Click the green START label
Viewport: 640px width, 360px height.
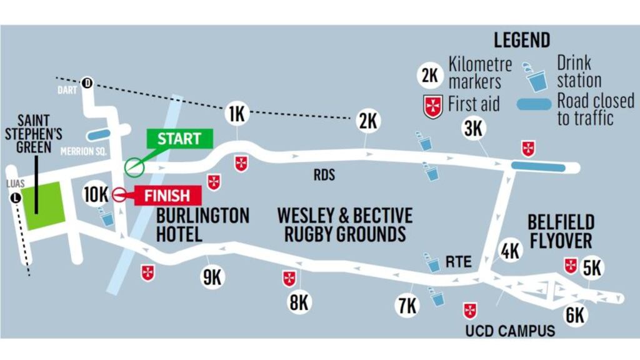point(179,139)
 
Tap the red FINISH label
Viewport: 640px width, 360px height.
point(167,196)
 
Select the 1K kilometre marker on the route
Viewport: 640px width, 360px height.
point(236,114)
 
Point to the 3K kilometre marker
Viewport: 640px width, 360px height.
point(473,128)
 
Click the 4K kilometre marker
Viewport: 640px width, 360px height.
point(511,251)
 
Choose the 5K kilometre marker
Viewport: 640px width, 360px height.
point(591,268)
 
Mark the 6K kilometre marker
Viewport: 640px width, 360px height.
point(575,314)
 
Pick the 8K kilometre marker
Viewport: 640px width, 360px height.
point(299,302)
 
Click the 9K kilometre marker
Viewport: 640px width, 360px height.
point(212,277)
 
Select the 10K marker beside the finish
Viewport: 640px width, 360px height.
point(96,194)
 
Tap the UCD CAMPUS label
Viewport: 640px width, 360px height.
point(510,331)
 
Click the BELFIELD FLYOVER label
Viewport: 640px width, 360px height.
point(561,231)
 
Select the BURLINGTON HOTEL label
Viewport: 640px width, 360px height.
point(202,225)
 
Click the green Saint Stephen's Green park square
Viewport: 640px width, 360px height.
point(42,205)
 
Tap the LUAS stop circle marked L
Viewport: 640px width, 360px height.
point(15,198)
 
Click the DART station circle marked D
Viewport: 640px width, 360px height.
point(87,82)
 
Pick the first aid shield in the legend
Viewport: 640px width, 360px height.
point(431,106)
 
